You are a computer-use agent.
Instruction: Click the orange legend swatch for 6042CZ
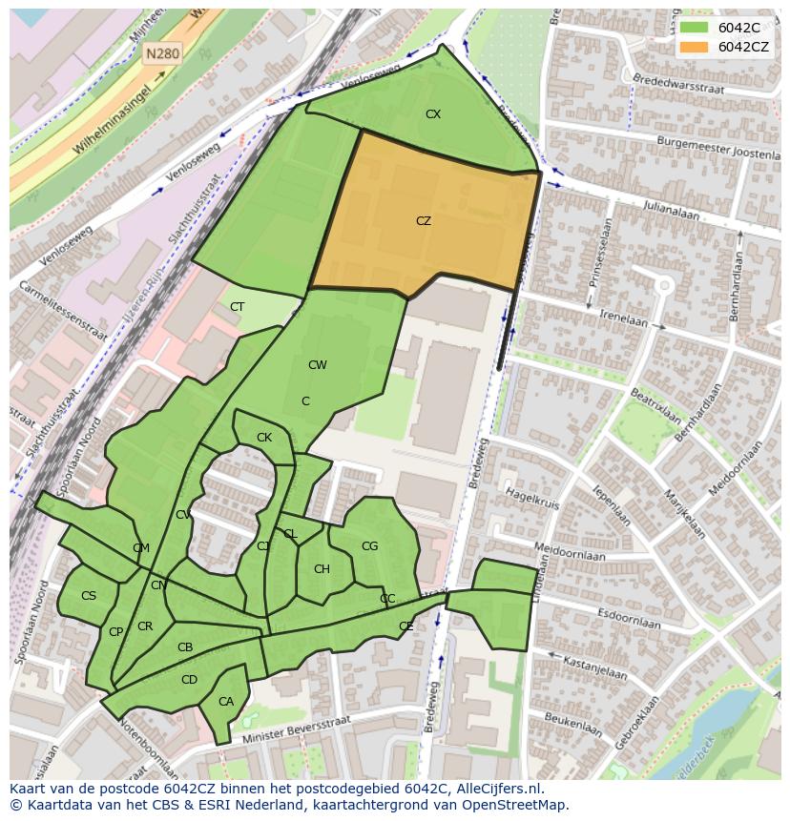(694, 47)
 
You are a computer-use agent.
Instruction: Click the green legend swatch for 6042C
(694, 28)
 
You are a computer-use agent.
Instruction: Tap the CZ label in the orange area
(424, 220)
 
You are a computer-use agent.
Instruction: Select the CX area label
(433, 114)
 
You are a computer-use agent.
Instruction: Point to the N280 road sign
(162, 54)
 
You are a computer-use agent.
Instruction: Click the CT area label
(238, 307)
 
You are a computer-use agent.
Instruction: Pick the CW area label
(318, 365)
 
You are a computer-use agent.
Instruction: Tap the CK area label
(264, 438)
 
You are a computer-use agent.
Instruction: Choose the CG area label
(369, 546)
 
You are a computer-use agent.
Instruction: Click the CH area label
(322, 569)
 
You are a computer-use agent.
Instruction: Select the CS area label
(89, 596)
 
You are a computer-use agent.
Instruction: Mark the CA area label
(226, 702)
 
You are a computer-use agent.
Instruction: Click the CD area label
(189, 680)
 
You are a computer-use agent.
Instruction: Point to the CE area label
(406, 626)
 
